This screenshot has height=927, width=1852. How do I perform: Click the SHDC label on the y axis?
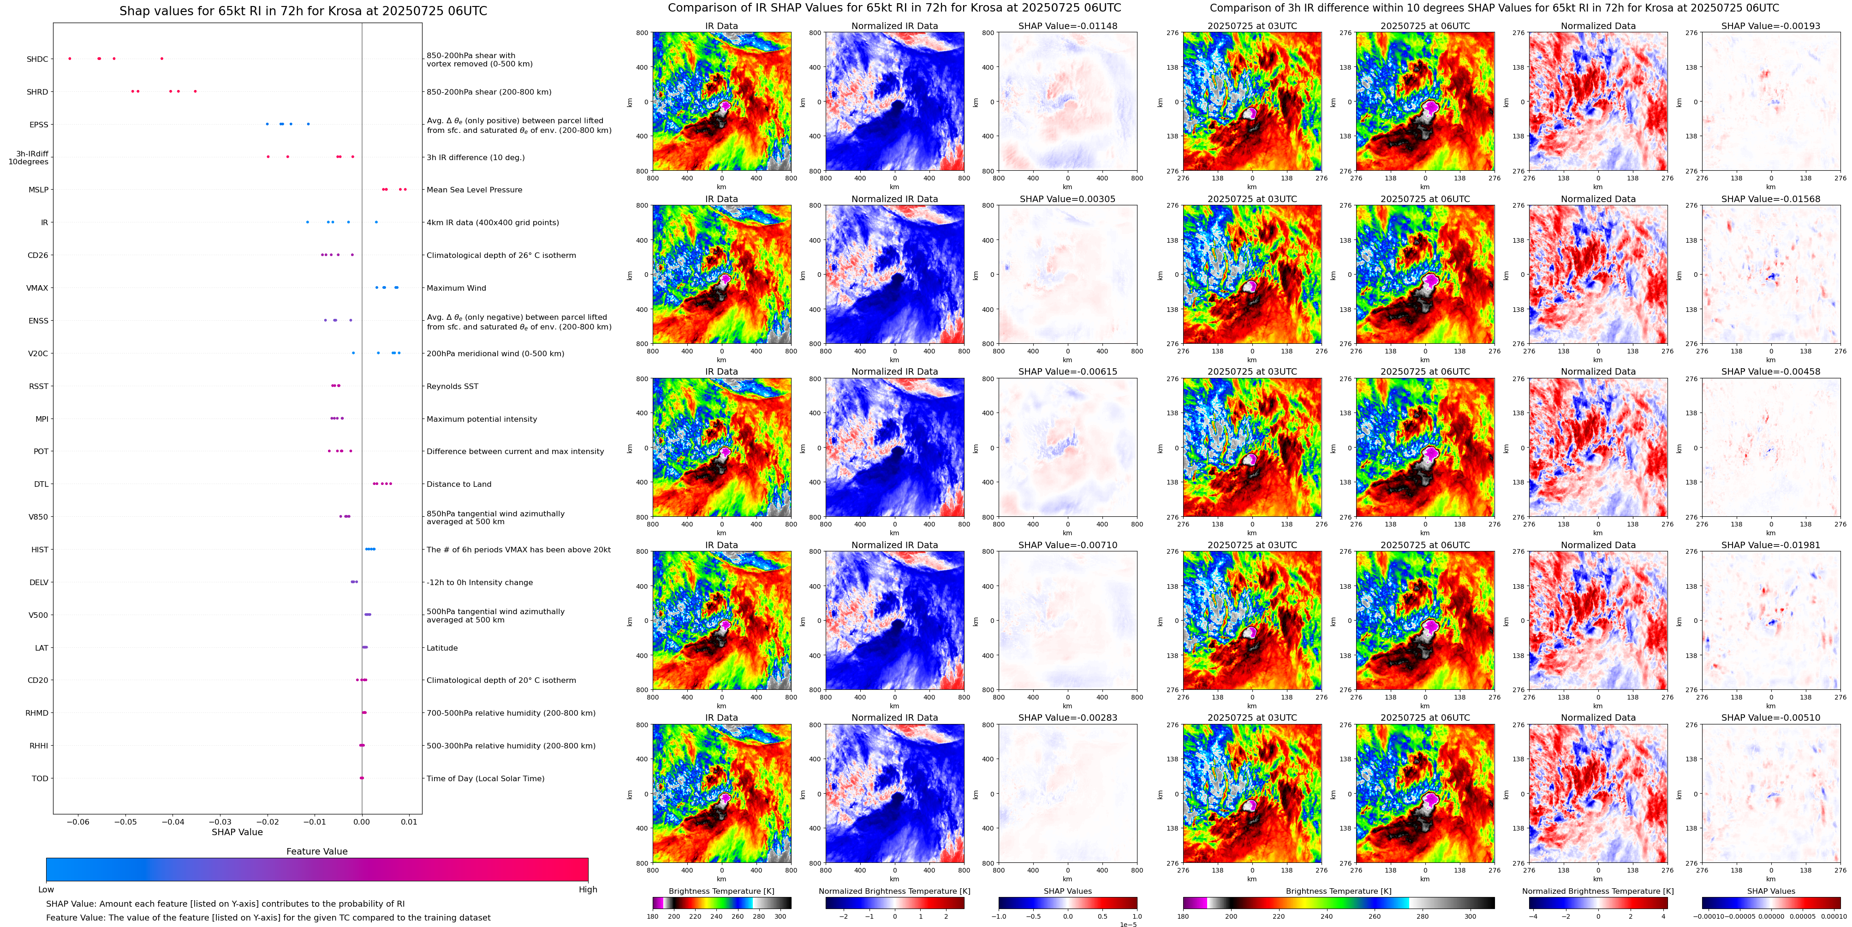37,59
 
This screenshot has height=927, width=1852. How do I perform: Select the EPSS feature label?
39,125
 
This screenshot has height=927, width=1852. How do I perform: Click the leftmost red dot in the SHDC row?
70,58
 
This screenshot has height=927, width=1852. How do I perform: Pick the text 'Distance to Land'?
459,484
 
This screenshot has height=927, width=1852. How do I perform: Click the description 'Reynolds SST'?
452,386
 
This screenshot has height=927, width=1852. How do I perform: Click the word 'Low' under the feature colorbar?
46,890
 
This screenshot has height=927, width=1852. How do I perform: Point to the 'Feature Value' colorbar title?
316,851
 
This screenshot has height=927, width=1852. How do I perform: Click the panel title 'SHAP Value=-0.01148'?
1068,26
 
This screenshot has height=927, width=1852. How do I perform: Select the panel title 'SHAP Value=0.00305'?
1068,199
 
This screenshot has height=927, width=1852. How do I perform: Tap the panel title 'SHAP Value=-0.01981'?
1771,545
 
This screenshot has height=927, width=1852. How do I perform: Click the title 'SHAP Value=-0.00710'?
1068,545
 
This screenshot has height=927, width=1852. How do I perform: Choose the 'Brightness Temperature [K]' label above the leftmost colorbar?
721,891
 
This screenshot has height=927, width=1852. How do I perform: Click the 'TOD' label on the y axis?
40,778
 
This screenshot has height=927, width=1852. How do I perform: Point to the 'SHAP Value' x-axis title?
237,832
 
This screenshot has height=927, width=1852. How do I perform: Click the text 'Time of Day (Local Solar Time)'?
485,778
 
